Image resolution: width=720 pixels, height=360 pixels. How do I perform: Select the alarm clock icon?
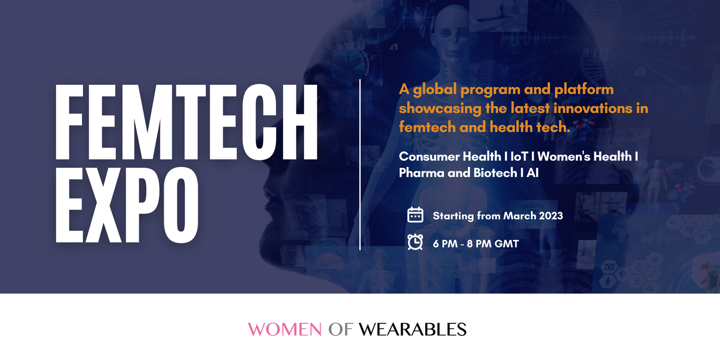415,242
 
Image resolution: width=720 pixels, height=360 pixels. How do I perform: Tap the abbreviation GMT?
507,244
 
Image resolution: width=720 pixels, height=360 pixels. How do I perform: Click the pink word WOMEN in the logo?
285,329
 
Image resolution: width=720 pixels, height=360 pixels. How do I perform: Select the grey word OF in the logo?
340,329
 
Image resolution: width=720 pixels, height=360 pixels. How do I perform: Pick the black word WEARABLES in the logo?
412,329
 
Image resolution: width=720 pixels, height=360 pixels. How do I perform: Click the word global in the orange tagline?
434,90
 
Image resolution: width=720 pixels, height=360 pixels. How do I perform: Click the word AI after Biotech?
532,173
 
